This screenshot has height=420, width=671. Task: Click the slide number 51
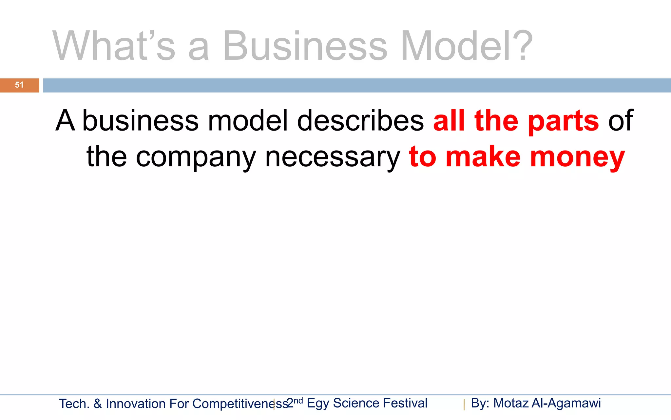click(19, 85)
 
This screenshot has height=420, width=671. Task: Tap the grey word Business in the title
click(305, 46)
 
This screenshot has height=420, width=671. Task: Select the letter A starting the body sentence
click(65, 120)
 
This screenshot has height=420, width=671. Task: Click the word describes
click(360, 120)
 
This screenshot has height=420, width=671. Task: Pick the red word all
click(449, 120)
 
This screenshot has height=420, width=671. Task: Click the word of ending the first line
click(621, 120)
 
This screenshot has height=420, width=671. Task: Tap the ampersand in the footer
click(98, 404)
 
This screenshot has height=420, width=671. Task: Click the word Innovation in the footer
click(136, 404)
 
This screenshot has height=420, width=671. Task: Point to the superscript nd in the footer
click(298, 401)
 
